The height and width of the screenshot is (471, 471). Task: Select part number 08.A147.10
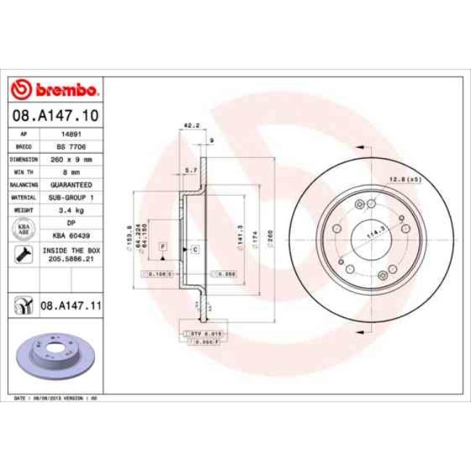pyautogui.click(x=56, y=115)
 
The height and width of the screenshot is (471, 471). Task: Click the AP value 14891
pyautogui.click(x=70, y=135)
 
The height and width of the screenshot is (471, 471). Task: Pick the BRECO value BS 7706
pyautogui.click(x=70, y=146)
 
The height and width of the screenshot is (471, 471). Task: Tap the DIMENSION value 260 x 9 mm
pyautogui.click(x=70, y=159)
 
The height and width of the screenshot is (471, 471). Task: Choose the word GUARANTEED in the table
pyautogui.click(x=70, y=185)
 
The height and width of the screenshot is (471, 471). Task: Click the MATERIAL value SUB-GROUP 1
pyautogui.click(x=70, y=196)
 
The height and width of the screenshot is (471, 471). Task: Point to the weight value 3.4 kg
pyautogui.click(x=70, y=209)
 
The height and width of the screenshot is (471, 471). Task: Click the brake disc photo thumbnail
pyautogui.click(x=48, y=354)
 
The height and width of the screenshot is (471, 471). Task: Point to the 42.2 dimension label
pyautogui.click(x=191, y=125)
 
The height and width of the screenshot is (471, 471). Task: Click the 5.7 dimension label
pyautogui.click(x=191, y=169)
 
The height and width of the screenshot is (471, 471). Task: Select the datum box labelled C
pyautogui.click(x=195, y=249)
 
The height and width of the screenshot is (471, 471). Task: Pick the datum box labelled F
pyautogui.click(x=163, y=248)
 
